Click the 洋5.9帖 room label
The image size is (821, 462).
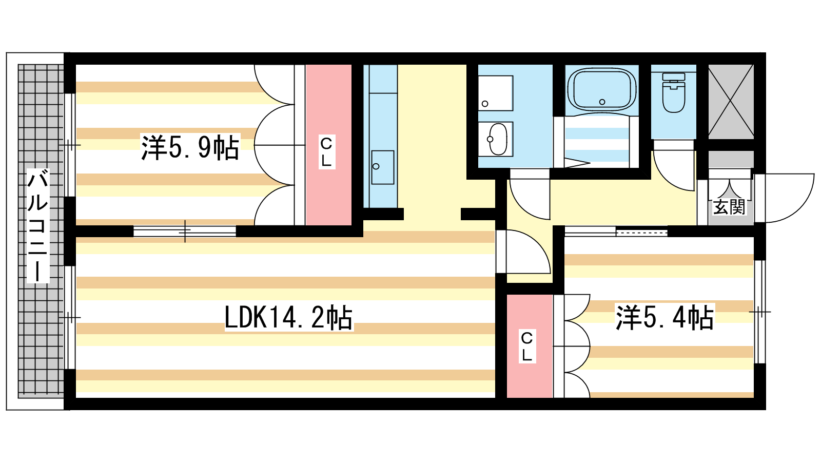click(190, 147)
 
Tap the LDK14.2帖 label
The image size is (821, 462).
click(288, 318)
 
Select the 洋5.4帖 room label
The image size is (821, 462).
click(665, 318)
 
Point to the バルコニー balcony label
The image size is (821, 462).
click(38, 226)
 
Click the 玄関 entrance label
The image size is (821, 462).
click(729, 207)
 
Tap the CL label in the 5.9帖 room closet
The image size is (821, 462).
click(326, 152)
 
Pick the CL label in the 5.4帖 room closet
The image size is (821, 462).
click(526, 346)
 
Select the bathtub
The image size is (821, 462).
click(602, 89)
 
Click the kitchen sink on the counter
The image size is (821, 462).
click(383, 167)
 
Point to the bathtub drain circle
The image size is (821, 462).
click(602, 102)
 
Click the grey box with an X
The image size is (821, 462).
click(731, 102)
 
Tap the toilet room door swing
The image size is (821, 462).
click(674, 170)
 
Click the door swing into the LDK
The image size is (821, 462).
click(523, 252)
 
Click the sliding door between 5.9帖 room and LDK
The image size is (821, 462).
click(185, 232)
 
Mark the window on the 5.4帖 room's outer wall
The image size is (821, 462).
click(759, 312)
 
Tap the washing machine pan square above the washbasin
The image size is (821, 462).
click(496, 93)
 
